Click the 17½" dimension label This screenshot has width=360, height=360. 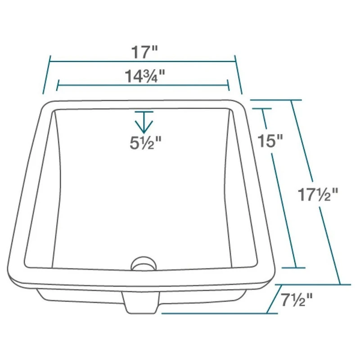coord(317,195)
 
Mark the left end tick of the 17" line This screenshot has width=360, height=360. coord(47,74)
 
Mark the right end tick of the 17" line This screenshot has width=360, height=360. coord(238,75)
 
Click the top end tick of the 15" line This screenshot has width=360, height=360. coord(262,108)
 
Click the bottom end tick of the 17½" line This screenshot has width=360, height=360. coord(339,284)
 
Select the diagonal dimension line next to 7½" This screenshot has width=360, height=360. coord(274,299)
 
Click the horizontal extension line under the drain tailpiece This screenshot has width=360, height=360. coord(211,313)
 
